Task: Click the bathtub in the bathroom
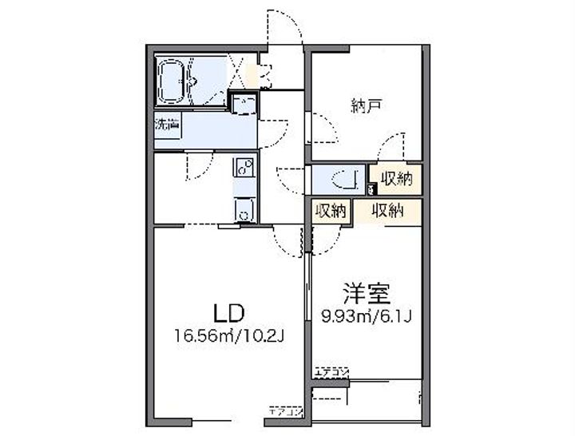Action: pos(179,81)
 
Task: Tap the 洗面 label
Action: pos(167,125)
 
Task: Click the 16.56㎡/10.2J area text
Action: pos(230,335)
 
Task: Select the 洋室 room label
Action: pos(367,293)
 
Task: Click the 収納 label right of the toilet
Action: pos(396,179)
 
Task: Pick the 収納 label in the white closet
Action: pos(330,211)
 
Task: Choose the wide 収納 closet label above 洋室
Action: pos(387,211)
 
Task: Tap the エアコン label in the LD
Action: pos(285,412)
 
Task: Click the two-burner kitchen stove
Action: pos(244,168)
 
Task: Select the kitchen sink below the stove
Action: pos(244,210)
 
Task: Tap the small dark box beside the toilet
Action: pos(371,189)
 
